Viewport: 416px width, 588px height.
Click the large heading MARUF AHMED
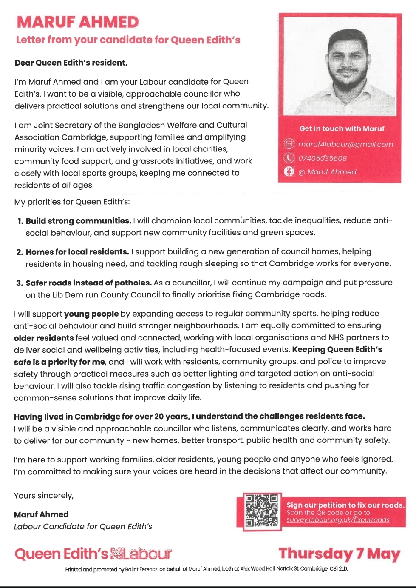point(77,22)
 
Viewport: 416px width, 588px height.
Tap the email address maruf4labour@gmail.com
point(345,144)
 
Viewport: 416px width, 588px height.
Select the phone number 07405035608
point(323,158)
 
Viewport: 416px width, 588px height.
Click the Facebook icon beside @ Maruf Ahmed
point(289,171)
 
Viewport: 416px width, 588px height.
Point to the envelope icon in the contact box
point(289,144)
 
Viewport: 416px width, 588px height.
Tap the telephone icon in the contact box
point(289,158)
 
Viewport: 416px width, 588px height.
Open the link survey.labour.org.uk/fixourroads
point(338,520)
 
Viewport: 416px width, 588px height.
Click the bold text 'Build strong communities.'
point(78,221)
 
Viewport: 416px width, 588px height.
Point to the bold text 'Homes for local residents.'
point(77,252)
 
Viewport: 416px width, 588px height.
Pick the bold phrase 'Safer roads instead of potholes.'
point(88,283)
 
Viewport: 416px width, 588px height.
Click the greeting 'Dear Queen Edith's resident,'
point(71,63)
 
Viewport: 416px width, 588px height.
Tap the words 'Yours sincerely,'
point(44,496)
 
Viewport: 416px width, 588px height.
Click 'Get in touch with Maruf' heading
point(342,128)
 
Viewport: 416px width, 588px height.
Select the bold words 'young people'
point(91,314)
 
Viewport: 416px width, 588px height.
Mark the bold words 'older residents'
point(44,338)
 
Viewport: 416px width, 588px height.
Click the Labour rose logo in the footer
point(116,553)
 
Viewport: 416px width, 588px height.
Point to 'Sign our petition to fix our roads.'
point(345,505)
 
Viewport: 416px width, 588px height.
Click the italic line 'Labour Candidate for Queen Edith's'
point(83,526)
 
